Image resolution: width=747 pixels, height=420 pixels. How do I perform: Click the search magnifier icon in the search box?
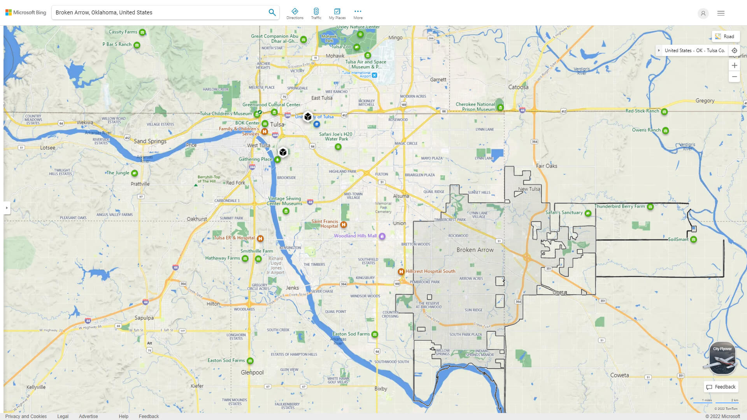pyautogui.click(x=272, y=12)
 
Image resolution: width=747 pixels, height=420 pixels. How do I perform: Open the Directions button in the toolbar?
pyautogui.click(x=295, y=13)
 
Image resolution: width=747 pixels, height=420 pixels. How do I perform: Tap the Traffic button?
pyautogui.click(x=316, y=13)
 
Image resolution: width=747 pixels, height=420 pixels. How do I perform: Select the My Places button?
pyautogui.click(x=337, y=13)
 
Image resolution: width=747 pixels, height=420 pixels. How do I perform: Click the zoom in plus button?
pyautogui.click(x=734, y=65)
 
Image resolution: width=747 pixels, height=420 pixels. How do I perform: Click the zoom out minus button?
pyautogui.click(x=734, y=77)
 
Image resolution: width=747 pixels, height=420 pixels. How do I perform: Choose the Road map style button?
pyautogui.click(x=725, y=36)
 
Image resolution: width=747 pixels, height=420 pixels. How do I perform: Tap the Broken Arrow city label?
pyautogui.click(x=475, y=250)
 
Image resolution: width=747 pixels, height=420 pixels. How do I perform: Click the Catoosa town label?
pyautogui.click(x=518, y=87)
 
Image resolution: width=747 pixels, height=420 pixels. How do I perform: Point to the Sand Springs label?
pyautogui.click(x=150, y=141)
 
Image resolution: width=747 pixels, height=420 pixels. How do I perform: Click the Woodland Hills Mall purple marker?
pyautogui.click(x=382, y=236)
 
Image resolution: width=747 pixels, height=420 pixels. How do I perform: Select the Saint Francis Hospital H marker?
pyautogui.click(x=344, y=224)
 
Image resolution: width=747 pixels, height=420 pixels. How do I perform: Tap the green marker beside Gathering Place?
pyautogui.click(x=277, y=159)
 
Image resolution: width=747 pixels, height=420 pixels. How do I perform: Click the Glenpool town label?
pyautogui.click(x=252, y=372)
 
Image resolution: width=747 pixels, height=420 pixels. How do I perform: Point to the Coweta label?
pyautogui.click(x=619, y=375)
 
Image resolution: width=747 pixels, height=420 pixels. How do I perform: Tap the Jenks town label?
pyautogui.click(x=292, y=288)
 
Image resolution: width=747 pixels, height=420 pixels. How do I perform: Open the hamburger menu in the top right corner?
pyautogui.click(x=721, y=13)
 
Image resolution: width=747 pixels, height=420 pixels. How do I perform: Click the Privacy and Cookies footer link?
pyautogui.click(x=26, y=416)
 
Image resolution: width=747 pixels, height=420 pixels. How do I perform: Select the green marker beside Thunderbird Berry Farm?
pyautogui.click(x=650, y=207)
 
